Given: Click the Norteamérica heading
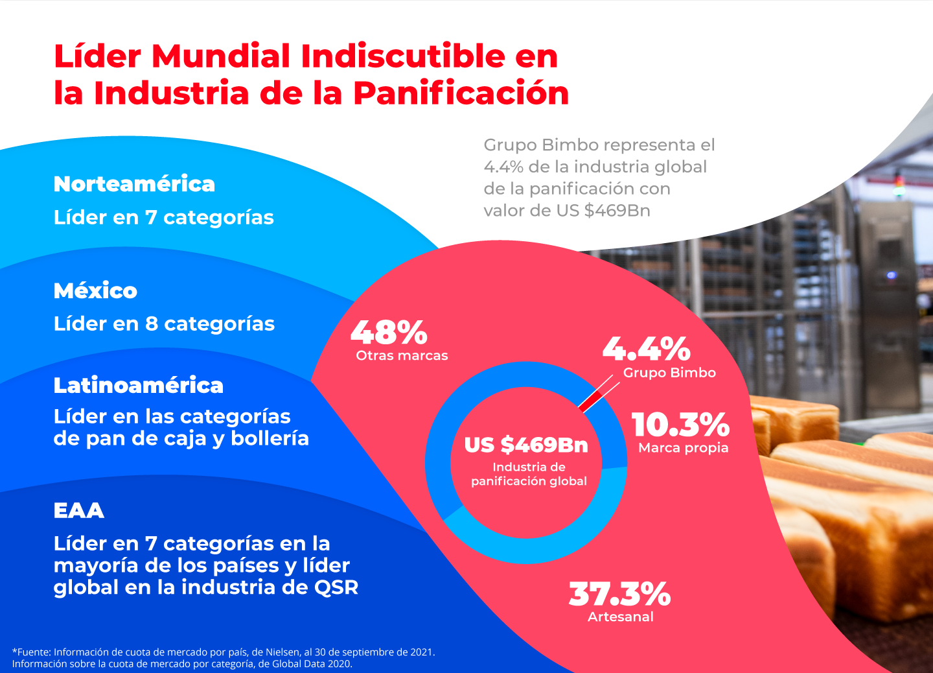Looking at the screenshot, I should coord(134,184).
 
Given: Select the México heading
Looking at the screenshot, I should coord(95,290).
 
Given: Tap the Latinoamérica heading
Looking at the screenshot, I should coord(138,385).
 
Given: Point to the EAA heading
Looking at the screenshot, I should coord(78,510).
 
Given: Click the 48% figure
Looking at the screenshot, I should coord(389,333).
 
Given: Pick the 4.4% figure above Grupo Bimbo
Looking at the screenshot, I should coord(646,349).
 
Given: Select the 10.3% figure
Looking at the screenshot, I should coord(680,425).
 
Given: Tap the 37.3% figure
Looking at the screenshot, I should coord(619,594).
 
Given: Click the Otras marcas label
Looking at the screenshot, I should coord(402,355).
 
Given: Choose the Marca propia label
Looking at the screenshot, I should coord(683,448).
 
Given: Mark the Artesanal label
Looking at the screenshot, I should coord(620,617).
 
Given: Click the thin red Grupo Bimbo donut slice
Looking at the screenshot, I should coord(590,400).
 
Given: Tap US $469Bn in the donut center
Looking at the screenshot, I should coord(526,445).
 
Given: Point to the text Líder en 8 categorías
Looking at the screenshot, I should coord(164,324).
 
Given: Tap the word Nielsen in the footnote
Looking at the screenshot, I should coord(282,652).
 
